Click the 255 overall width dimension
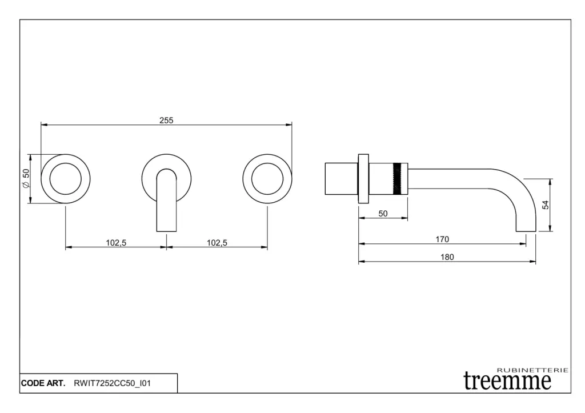166,121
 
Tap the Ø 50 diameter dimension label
26,178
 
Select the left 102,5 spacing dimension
116,243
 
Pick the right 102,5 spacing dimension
217,243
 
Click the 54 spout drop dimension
546,205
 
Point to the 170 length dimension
442,239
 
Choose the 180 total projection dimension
447,257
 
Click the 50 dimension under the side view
383,214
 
